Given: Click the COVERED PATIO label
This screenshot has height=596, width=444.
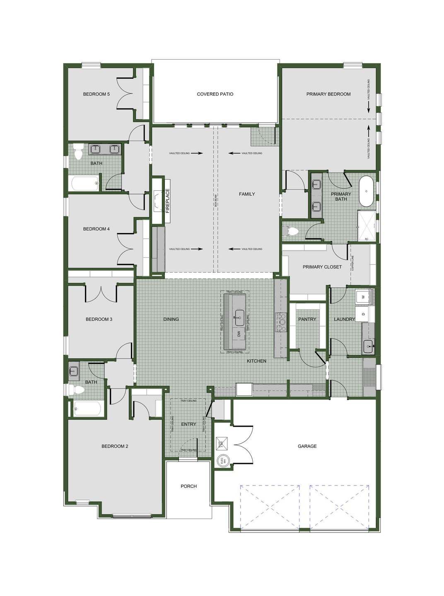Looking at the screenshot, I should pyautogui.click(x=215, y=94).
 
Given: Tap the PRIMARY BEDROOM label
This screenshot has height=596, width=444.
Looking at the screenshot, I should pyautogui.click(x=328, y=94).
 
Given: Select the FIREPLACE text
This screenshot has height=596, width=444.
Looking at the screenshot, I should pyautogui.click(x=168, y=201).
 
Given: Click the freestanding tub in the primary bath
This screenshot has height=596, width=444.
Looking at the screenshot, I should pyautogui.click(x=366, y=191).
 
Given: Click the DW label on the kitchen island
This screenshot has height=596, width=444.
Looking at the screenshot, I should pyautogui.click(x=239, y=334).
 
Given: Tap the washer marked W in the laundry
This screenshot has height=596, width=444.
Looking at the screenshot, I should pyautogui.click(x=363, y=297).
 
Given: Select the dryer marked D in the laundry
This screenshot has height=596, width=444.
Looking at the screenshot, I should pyautogui.click(x=363, y=314).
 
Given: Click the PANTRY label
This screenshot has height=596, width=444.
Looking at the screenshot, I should pyautogui.click(x=307, y=320).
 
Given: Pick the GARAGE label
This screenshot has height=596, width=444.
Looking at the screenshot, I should pyautogui.click(x=307, y=446).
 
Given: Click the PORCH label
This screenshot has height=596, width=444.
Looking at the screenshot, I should pyautogui.click(x=189, y=486).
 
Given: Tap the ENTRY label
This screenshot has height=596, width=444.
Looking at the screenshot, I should pyautogui.click(x=189, y=424).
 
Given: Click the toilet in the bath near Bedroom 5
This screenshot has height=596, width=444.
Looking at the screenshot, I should pyautogui.click(x=78, y=153).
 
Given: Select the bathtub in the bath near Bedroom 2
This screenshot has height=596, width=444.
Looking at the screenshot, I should pyautogui.click(x=87, y=409).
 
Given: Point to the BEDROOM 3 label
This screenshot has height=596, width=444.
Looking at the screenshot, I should pyautogui.click(x=99, y=320).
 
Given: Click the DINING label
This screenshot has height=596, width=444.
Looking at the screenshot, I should pyautogui.click(x=171, y=320).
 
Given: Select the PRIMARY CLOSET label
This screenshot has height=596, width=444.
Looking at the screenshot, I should pyautogui.click(x=322, y=267).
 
